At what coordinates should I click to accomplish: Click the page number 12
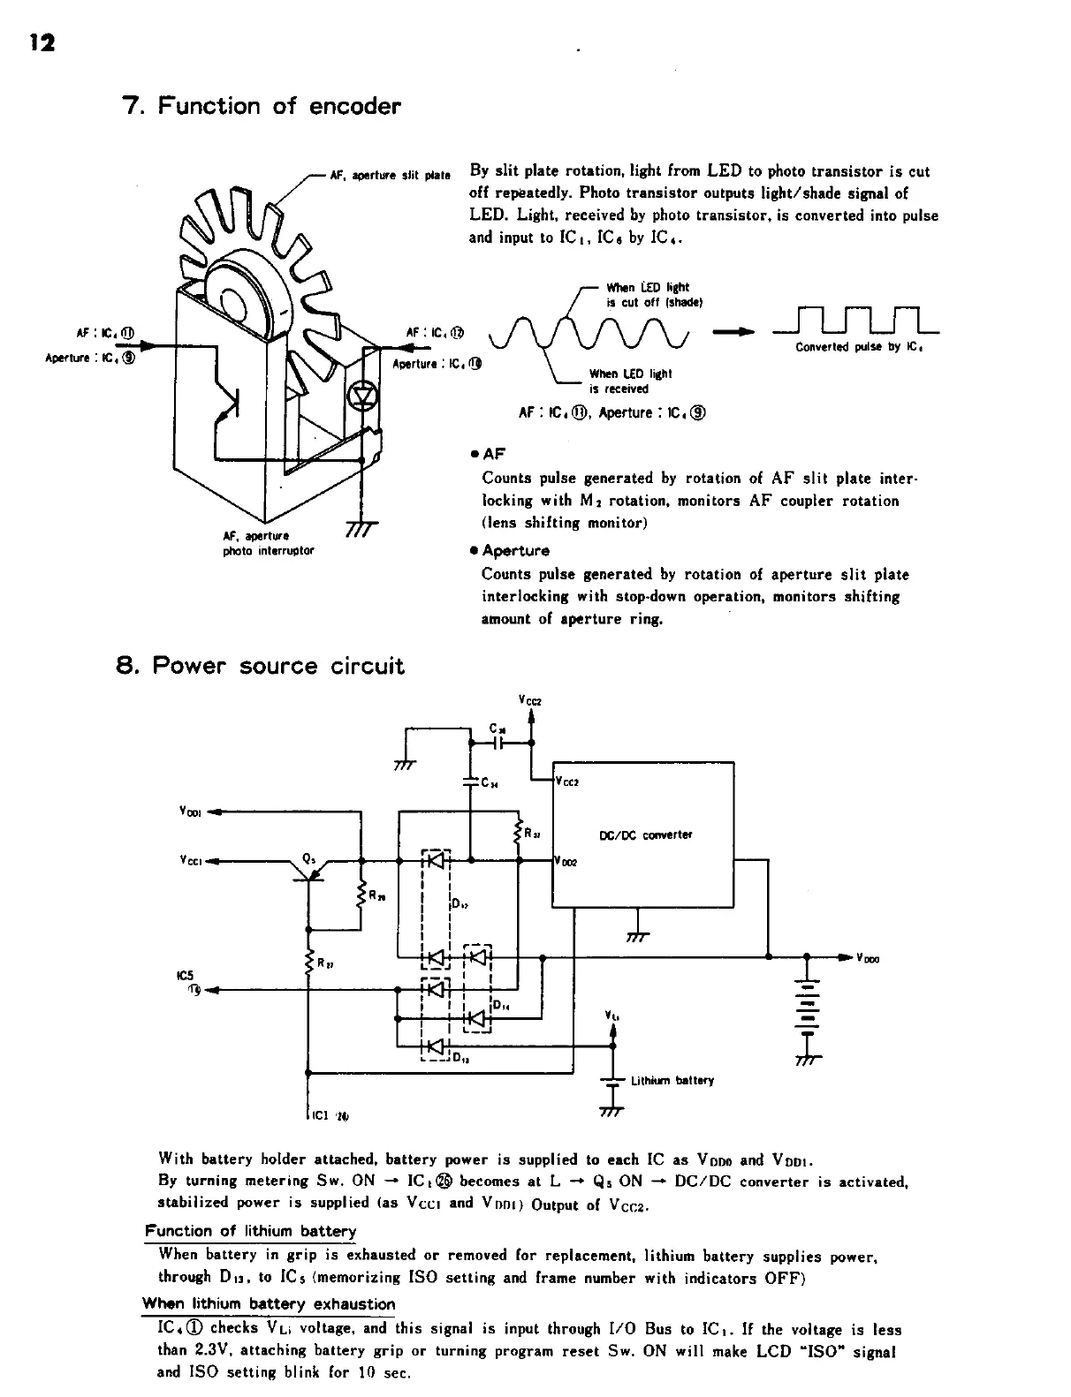point(42,42)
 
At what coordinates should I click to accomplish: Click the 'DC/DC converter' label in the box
point(646,834)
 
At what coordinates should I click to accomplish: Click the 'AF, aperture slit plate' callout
point(389,173)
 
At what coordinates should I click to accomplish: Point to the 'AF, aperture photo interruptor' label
point(267,543)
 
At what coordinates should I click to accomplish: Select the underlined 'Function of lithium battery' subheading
point(250,1231)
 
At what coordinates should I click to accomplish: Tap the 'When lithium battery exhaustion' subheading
point(269,1304)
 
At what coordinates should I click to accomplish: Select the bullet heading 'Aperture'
point(515,551)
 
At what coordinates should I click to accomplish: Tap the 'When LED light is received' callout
point(631,381)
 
